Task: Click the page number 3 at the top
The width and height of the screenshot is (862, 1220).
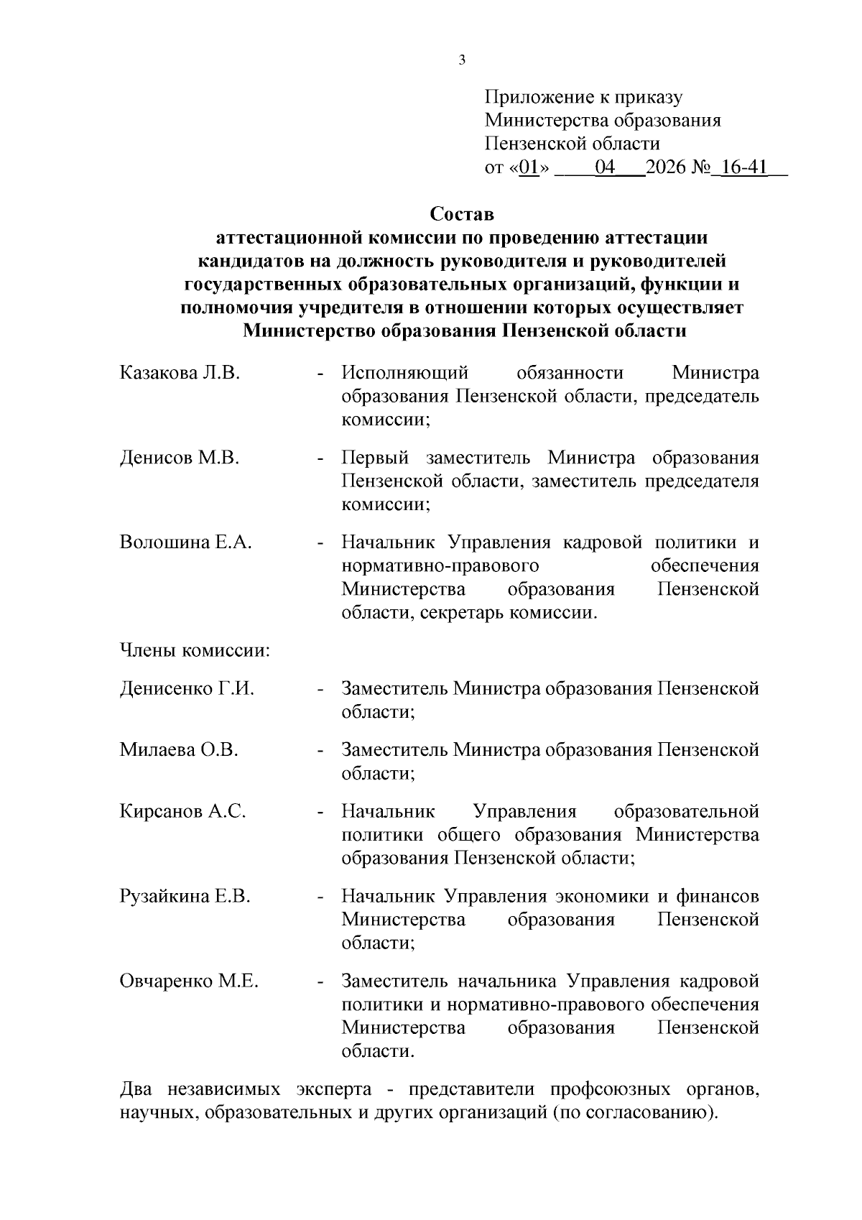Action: pos(462,60)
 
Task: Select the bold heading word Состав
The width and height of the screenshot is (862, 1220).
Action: pos(462,214)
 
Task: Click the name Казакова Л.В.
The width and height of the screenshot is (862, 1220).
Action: pos(180,374)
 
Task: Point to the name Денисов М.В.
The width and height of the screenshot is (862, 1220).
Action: pos(179,458)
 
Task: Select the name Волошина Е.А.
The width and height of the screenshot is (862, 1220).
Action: pos(185,542)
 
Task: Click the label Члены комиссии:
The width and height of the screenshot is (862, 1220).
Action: pos(195,652)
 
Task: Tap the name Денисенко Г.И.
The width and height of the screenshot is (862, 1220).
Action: pos(187,689)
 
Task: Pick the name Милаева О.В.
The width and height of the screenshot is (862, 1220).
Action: pos(179,750)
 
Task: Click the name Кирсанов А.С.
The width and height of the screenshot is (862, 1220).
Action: pos(182,812)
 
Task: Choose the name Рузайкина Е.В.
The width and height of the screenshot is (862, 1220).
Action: pos(185,897)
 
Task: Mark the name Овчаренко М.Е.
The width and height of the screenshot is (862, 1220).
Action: pos(189,981)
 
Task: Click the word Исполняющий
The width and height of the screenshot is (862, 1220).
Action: pos(405,374)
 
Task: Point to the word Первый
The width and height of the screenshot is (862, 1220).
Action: pos(375,458)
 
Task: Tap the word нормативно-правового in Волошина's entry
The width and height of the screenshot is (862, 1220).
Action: pos(440,566)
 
